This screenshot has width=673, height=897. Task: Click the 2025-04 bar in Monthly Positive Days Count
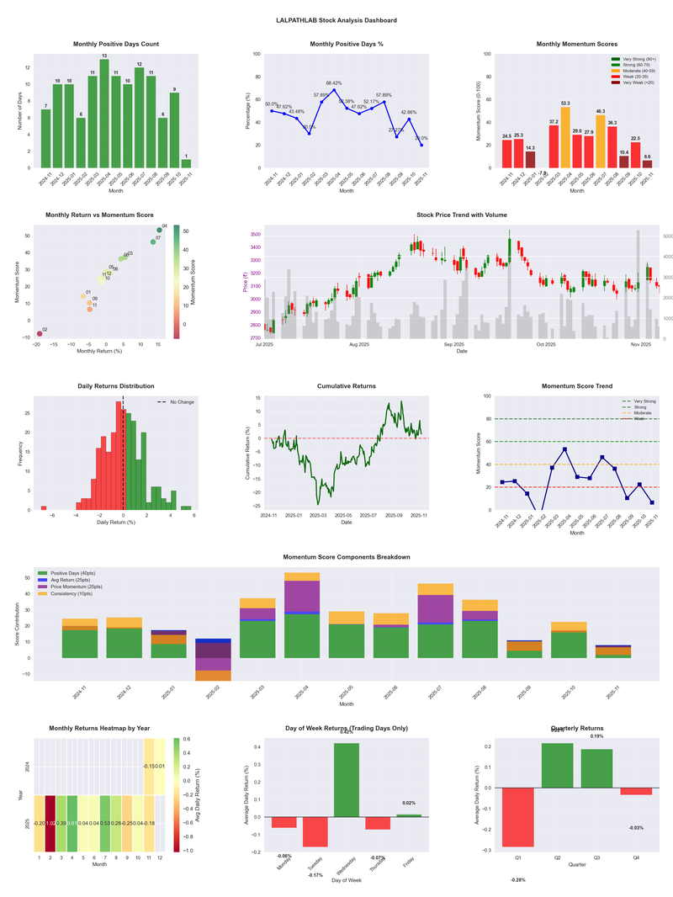(104, 114)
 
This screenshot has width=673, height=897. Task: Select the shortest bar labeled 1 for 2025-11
(186, 163)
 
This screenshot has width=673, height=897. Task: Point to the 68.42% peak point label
(334, 83)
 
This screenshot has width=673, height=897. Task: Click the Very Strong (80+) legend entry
(635, 59)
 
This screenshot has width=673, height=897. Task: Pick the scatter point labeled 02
(39, 334)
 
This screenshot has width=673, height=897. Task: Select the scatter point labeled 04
(159, 230)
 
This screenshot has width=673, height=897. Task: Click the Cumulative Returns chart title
(347, 386)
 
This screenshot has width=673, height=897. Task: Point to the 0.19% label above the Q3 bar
(596, 736)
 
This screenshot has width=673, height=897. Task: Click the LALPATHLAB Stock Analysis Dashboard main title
(336, 20)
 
